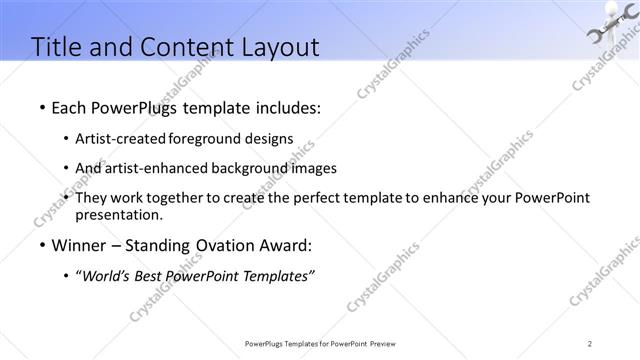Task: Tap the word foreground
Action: pyautogui.click(x=212, y=138)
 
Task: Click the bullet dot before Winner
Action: pyautogui.click(x=41, y=245)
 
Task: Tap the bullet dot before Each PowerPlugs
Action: pyautogui.click(x=41, y=107)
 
